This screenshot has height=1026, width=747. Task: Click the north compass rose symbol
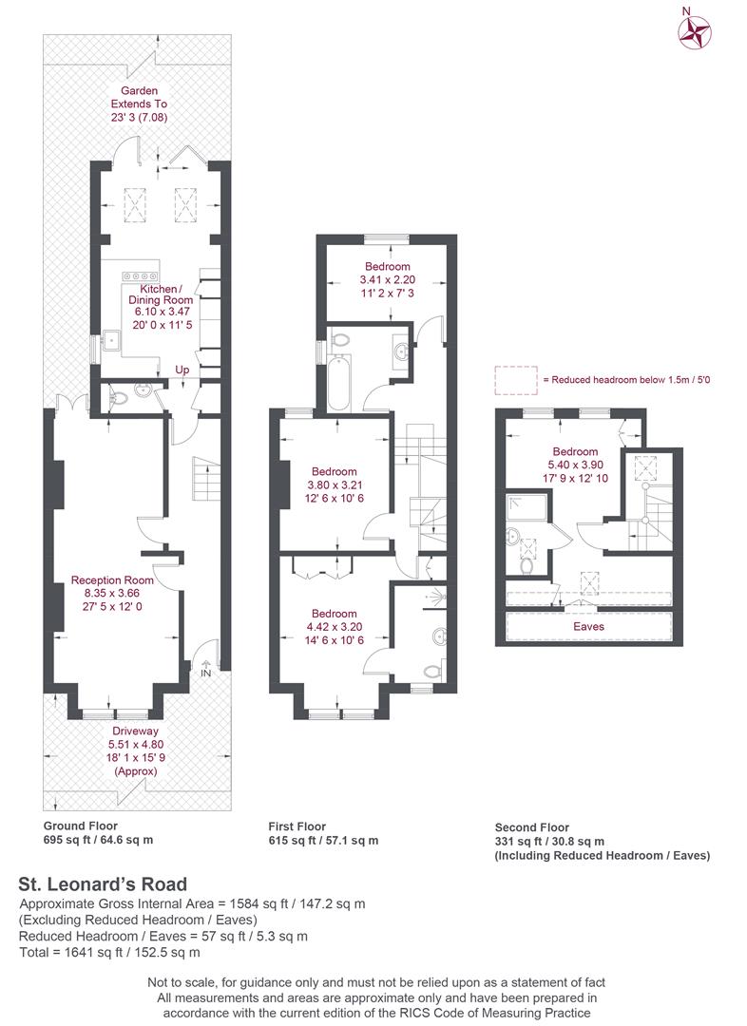point(695,32)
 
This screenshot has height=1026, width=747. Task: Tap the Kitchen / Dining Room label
point(161,294)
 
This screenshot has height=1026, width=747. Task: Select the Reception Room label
point(112,579)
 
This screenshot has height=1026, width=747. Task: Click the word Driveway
point(135,731)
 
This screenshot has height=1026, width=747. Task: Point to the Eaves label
point(588,626)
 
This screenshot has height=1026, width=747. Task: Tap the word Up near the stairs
point(182,370)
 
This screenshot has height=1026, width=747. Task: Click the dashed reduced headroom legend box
point(516,380)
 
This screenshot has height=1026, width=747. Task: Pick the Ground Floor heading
point(81,826)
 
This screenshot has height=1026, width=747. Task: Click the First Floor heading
point(297,826)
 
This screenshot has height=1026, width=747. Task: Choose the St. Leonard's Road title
point(103,884)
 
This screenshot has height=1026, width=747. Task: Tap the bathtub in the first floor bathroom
point(338,383)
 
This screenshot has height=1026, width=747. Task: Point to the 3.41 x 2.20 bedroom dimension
point(388,279)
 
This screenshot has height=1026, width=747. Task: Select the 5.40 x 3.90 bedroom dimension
point(576,465)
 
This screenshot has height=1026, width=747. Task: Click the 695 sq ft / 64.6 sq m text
point(98,840)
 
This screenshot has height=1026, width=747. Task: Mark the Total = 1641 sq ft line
point(109,952)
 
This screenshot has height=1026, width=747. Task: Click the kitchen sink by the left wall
point(111,340)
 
